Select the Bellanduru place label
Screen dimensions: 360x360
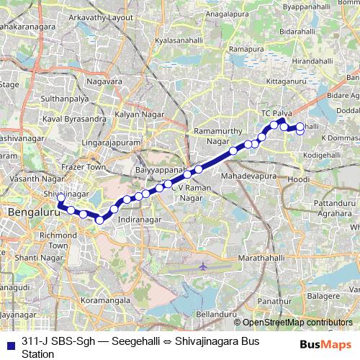click(216, 315)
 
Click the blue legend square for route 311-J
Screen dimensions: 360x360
click(10, 343)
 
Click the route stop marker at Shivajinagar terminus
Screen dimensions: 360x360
click(62, 198)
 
